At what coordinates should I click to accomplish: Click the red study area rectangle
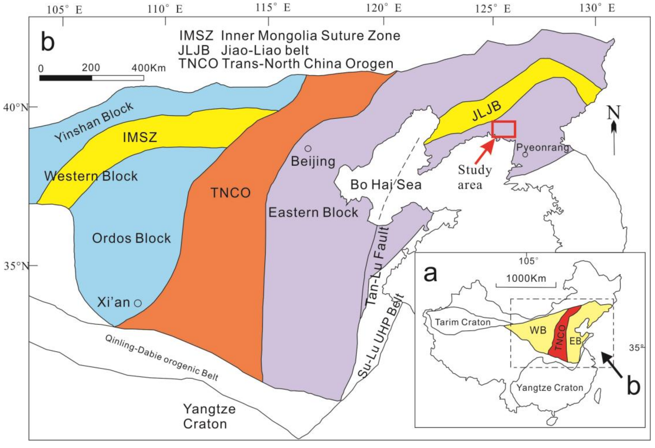tap(504, 129)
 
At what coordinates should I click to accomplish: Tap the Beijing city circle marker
tap(308, 148)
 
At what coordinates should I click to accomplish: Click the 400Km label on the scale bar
tap(149, 68)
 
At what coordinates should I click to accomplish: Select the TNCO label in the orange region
tap(231, 193)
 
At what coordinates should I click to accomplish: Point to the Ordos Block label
tap(131, 238)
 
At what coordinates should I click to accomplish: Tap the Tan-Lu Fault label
tap(377, 266)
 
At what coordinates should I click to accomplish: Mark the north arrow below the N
tap(614, 138)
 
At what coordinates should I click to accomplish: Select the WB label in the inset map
tap(538, 330)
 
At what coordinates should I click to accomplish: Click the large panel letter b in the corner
tap(48, 41)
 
